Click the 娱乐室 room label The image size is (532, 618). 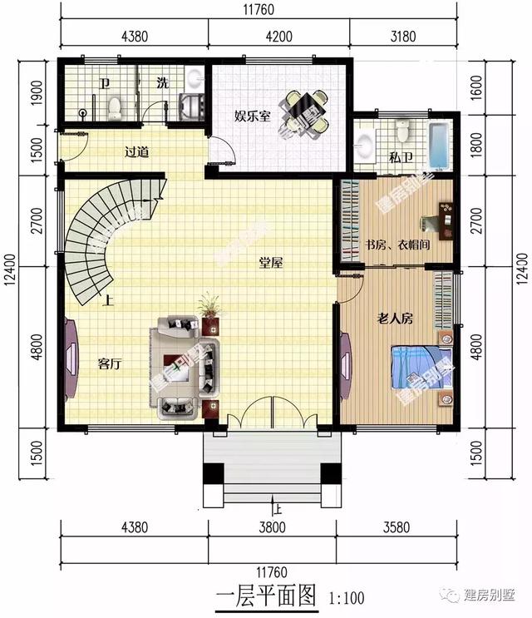pos(252,116)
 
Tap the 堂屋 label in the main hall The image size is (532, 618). pos(271,263)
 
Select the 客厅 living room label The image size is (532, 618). pos(110,363)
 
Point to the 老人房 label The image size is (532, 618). pos(396,318)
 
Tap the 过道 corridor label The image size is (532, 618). pos(136,151)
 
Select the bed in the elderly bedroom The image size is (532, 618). pos(421,368)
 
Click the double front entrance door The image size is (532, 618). pos(272,413)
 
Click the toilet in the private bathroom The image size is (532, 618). pos(403,131)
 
